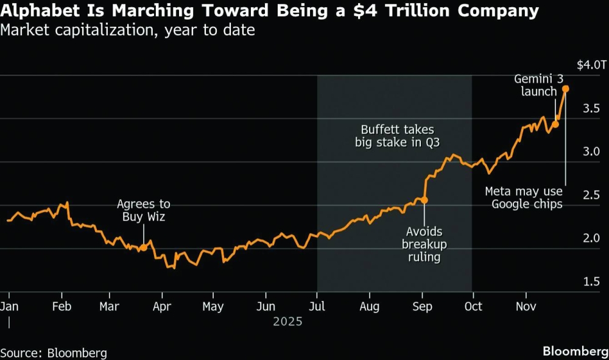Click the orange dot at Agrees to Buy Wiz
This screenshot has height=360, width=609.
(143, 247)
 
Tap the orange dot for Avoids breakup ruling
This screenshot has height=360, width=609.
(424, 200)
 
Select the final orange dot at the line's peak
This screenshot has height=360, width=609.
(565, 89)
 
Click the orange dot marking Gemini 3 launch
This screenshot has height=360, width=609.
(555, 124)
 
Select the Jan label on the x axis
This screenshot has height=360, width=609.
(9, 306)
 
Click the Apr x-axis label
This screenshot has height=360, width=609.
(161, 306)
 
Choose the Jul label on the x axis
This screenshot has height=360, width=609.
(317, 306)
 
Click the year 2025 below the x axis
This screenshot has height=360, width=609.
(287, 321)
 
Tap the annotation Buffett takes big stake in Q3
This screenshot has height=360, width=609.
(397, 136)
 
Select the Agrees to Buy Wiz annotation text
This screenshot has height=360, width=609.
(144, 210)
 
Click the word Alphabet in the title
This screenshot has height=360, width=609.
(38, 10)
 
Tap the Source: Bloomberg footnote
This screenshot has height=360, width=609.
(54, 353)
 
